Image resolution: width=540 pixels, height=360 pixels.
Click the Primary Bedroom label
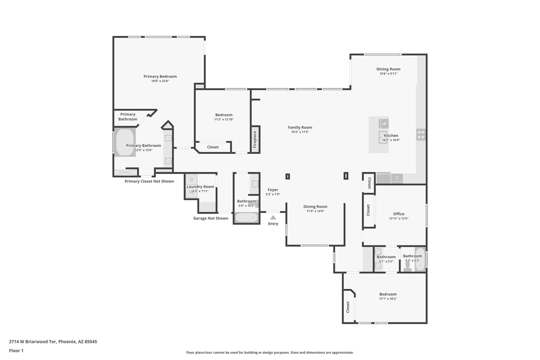pyautogui.click(x=160, y=76)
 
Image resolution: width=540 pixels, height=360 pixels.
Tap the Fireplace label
pyautogui.click(x=255, y=140)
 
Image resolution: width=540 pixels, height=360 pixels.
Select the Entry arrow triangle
pyautogui.click(x=273, y=218)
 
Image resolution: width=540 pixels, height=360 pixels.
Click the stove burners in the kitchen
pyautogui.click(x=421, y=135)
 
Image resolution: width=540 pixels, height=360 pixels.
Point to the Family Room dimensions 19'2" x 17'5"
pyautogui.click(x=300, y=132)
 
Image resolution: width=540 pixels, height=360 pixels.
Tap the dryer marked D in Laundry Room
pyautogui.click(x=191, y=179)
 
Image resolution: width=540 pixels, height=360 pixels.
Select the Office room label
pyautogui.click(x=398, y=214)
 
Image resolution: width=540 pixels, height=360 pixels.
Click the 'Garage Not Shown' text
pyautogui.click(x=210, y=218)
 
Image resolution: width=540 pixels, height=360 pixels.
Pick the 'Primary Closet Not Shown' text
pyautogui.click(x=149, y=181)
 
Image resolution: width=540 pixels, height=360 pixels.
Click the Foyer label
pyautogui.click(x=273, y=190)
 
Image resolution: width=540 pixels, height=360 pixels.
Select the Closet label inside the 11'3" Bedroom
pyautogui.click(x=213, y=147)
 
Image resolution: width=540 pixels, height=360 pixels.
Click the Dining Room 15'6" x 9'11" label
pyautogui.click(x=388, y=69)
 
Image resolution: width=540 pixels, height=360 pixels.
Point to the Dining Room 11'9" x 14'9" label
pyautogui.click(x=315, y=207)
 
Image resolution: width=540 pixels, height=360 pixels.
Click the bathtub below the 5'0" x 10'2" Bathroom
pyautogui.click(x=246, y=218)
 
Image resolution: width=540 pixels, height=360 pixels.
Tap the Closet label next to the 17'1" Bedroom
pyautogui.click(x=348, y=307)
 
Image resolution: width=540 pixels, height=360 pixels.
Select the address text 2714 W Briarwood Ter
pyautogui.click(x=53, y=342)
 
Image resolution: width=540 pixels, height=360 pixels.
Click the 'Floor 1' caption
pyautogui.click(x=16, y=351)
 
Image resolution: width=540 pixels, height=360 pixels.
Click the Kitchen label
pyautogui.click(x=391, y=136)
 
